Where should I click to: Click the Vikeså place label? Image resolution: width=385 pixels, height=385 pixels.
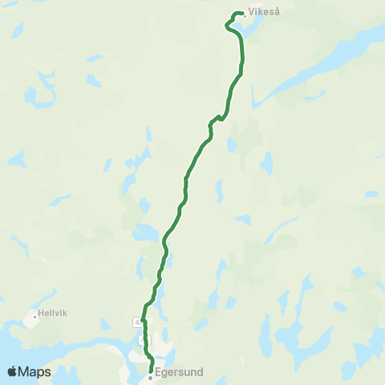click(265, 13)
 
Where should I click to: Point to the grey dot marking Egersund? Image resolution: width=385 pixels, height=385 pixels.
click(150, 377)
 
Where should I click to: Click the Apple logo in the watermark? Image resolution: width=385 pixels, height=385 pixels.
click(13, 371)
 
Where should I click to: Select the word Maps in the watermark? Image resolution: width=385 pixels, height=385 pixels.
click(36, 371)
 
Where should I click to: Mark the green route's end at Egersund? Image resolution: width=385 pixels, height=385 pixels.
click(152, 370)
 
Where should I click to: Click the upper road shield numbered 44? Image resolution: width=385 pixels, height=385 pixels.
click(137, 322)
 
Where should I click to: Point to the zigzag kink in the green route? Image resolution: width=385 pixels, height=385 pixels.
click(214, 121)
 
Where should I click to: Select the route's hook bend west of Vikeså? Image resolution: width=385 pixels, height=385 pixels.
click(229, 25)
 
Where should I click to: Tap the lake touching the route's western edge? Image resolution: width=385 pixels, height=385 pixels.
click(144, 233)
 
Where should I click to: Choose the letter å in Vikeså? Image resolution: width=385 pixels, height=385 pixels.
click(278, 13)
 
